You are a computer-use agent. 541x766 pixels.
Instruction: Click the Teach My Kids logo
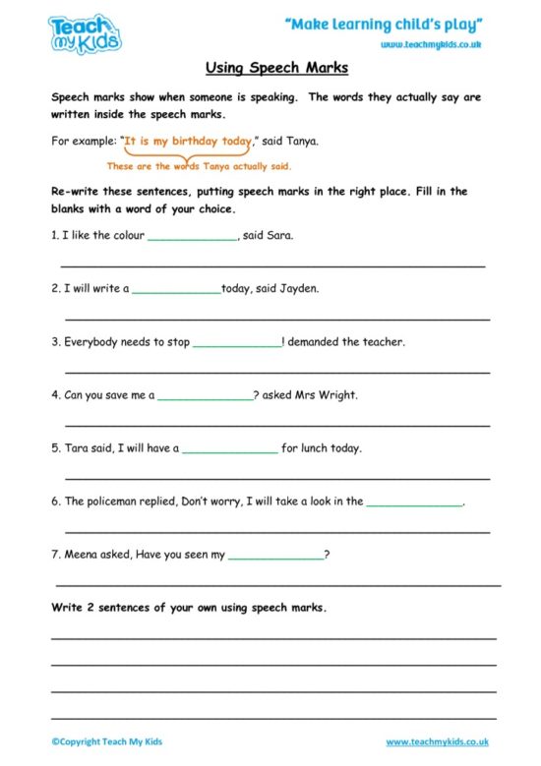click(x=85, y=32)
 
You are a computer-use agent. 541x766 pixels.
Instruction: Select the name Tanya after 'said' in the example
click(x=302, y=142)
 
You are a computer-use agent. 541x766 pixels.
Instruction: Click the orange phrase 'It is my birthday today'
click(x=188, y=142)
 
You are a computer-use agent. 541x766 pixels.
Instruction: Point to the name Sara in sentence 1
click(x=280, y=236)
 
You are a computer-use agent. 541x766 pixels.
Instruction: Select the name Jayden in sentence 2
click(x=299, y=289)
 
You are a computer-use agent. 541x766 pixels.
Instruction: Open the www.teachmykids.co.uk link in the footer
click(x=437, y=741)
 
